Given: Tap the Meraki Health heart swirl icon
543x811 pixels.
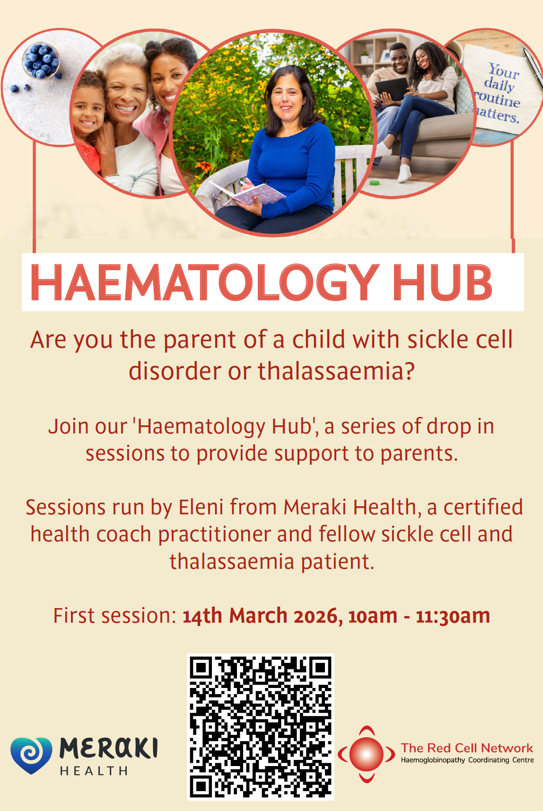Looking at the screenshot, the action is tap(31, 755).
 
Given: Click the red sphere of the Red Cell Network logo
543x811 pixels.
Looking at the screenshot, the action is tap(367, 754).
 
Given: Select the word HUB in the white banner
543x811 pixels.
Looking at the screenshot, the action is tap(442, 282).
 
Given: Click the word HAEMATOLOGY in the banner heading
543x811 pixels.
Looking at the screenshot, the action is tap(205, 282).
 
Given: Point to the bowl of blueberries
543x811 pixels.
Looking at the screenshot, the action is tap(41, 61).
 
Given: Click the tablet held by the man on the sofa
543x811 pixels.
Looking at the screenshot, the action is tap(392, 88).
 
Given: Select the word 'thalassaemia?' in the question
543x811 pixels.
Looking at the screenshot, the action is tap(336, 371).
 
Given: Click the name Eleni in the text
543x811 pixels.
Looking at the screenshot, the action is tap(201, 507).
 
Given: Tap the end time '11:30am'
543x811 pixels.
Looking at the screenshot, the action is tap(453, 616).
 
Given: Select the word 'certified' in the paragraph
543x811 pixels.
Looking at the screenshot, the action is tap(483, 507).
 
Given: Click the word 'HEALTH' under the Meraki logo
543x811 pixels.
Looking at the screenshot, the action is tap(94, 771).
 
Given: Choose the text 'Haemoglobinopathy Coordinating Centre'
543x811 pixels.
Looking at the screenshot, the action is tap(467, 760).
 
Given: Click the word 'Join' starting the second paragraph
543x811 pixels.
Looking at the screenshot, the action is tap(69, 426).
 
